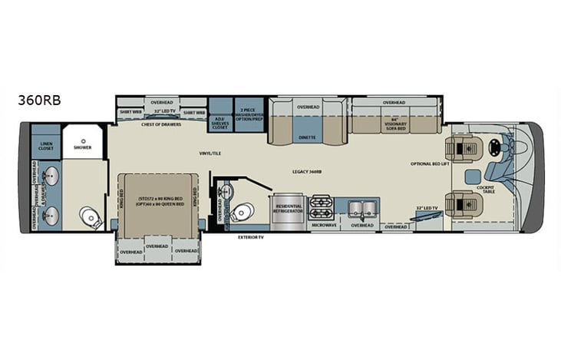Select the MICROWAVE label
[x=323, y=226]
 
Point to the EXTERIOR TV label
[x=251, y=238]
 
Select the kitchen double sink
[x=360, y=207]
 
